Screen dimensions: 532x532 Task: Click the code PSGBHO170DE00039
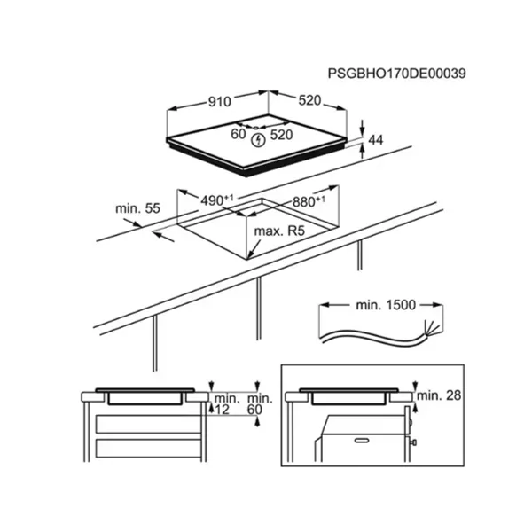(x=396, y=74)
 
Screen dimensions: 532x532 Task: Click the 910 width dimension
(x=219, y=101)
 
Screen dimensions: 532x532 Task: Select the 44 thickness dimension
(x=376, y=140)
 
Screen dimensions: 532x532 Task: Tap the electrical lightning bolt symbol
(x=259, y=140)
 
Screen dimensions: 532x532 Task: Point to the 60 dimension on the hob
(x=239, y=134)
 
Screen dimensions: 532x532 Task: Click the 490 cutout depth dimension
(x=217, y=200)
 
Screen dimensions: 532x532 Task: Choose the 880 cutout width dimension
(x=309, y=201)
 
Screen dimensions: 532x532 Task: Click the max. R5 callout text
(x=279, y=231)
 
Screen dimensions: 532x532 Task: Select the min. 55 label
(x=137, y=208)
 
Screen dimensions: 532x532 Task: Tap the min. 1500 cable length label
(x=386, y=305)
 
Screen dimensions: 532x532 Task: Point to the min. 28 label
(x=439, y=395)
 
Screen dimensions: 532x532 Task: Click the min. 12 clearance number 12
(x=223, y=410)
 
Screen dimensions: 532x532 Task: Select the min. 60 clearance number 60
(x=254, y=410)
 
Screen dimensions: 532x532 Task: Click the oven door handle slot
(x=363, y=441)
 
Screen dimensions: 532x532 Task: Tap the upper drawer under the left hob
(x=149, y=424)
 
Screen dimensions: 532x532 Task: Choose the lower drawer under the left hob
(x=149, y=448)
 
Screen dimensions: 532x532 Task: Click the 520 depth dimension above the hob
(x=309, y=100)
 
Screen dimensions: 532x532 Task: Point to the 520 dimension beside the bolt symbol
(x=281, y=135)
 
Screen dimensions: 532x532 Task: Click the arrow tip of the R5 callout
(x=248, y=259)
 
